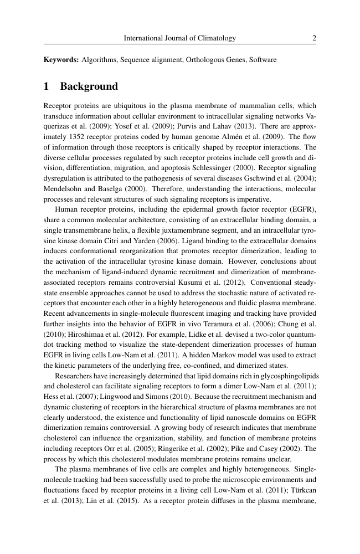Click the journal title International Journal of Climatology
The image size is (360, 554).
tap(180, 38)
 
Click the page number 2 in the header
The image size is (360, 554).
tap(314, 38)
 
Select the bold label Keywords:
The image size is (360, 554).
tap(61, 59)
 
